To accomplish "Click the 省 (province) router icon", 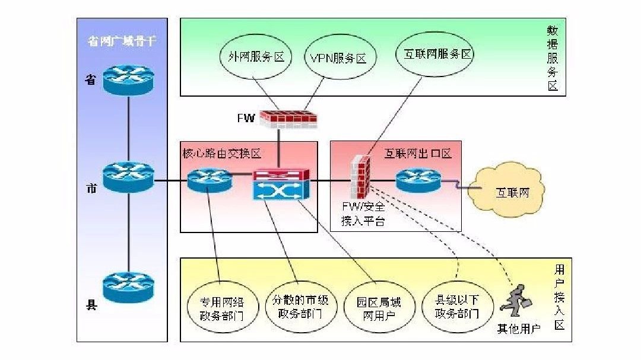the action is click(x=128, y=80).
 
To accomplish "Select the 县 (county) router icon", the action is click(x=128, y=287).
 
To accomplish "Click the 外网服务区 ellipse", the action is click(x=256, y=56).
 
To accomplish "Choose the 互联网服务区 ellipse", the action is click(x=435, y=54).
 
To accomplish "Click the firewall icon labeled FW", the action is click(x=289, y=119).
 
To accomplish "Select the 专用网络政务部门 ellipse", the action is click(x=223, y=307).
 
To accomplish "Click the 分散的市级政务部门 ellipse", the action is click(x=300, y=307).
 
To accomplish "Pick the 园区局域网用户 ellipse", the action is click(x=379, y=307).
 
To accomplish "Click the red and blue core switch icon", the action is click(x=281, y=184).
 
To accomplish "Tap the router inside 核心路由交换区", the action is click(x=210, y=181).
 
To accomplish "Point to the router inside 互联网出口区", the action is click(x=418, y=180).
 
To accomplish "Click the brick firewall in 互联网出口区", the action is click(x=361, y=177).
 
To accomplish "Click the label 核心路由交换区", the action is click(x=221, y=154).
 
